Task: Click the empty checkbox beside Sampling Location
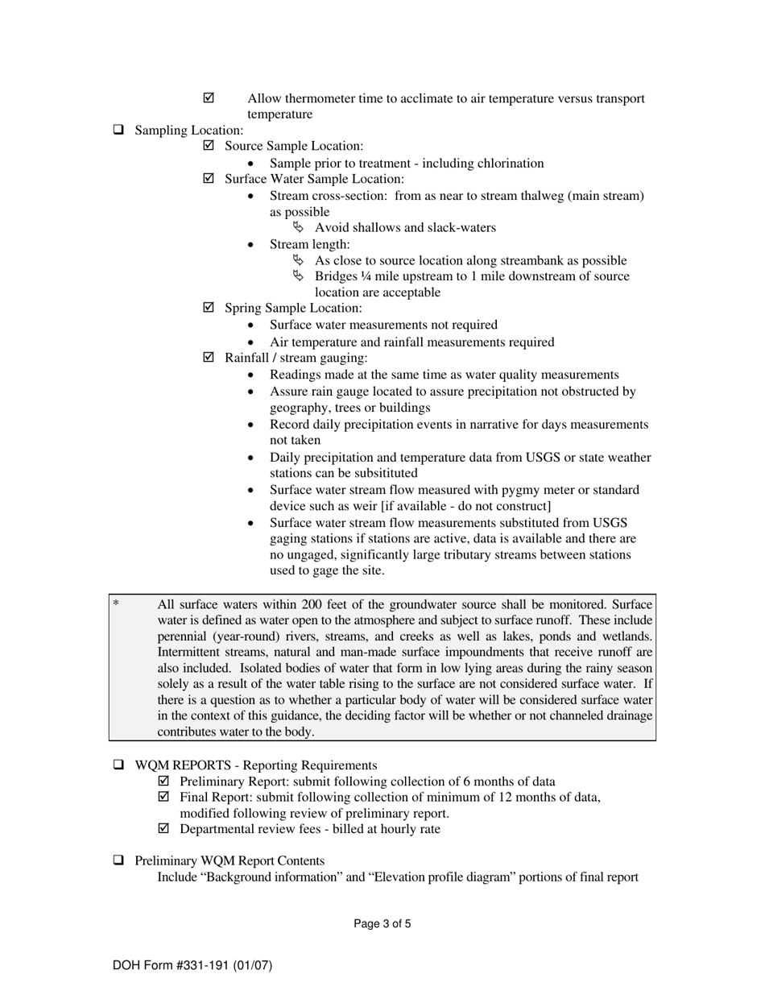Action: click(118, 130)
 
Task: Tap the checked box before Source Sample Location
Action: click(209, 146)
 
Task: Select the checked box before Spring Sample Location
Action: click(209, 308)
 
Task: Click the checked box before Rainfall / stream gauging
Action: click(209, 358)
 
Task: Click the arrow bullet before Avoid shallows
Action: click(299, 227)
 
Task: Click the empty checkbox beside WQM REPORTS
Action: click(118, 765)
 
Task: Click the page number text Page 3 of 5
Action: click(382, 924)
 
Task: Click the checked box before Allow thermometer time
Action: click(209, 98)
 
